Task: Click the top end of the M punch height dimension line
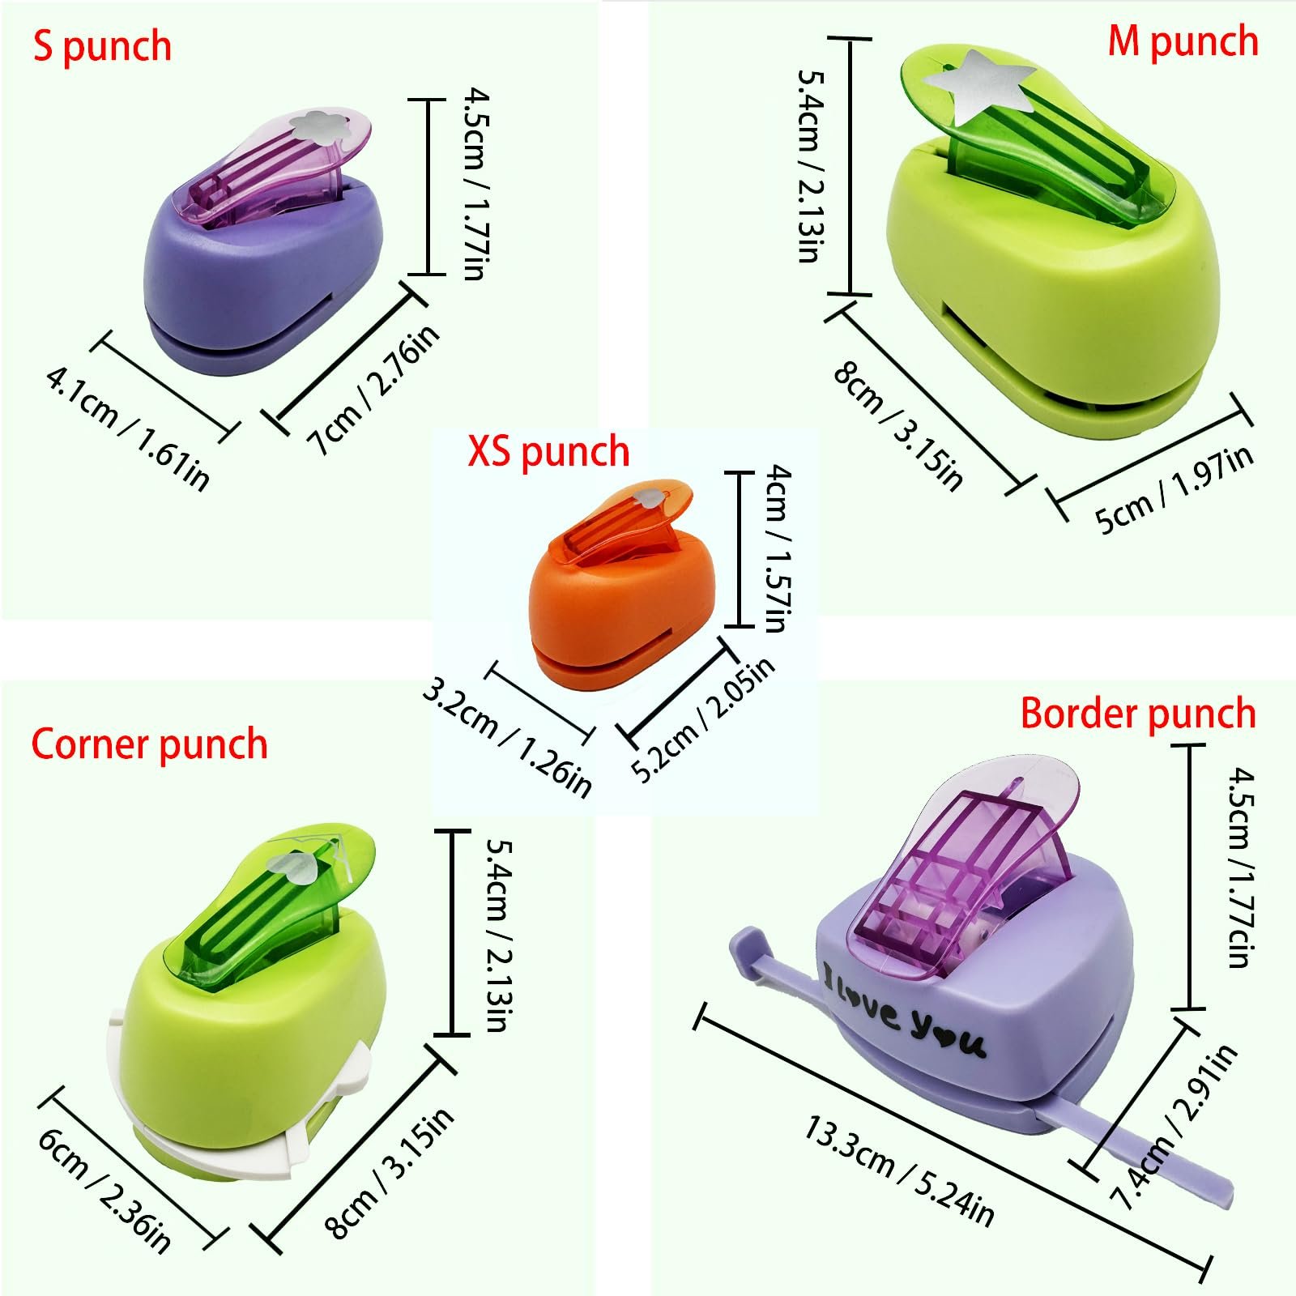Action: tap(850, 38)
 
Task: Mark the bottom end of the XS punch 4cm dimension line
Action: tap(739, 625)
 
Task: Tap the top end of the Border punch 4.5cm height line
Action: tap(1190, 744)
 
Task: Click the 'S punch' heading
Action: tap(102, 46)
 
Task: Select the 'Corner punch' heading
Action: tap(149, 744)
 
